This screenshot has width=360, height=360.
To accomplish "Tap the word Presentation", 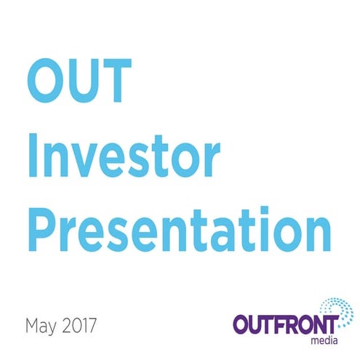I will (x=178, y=227).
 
